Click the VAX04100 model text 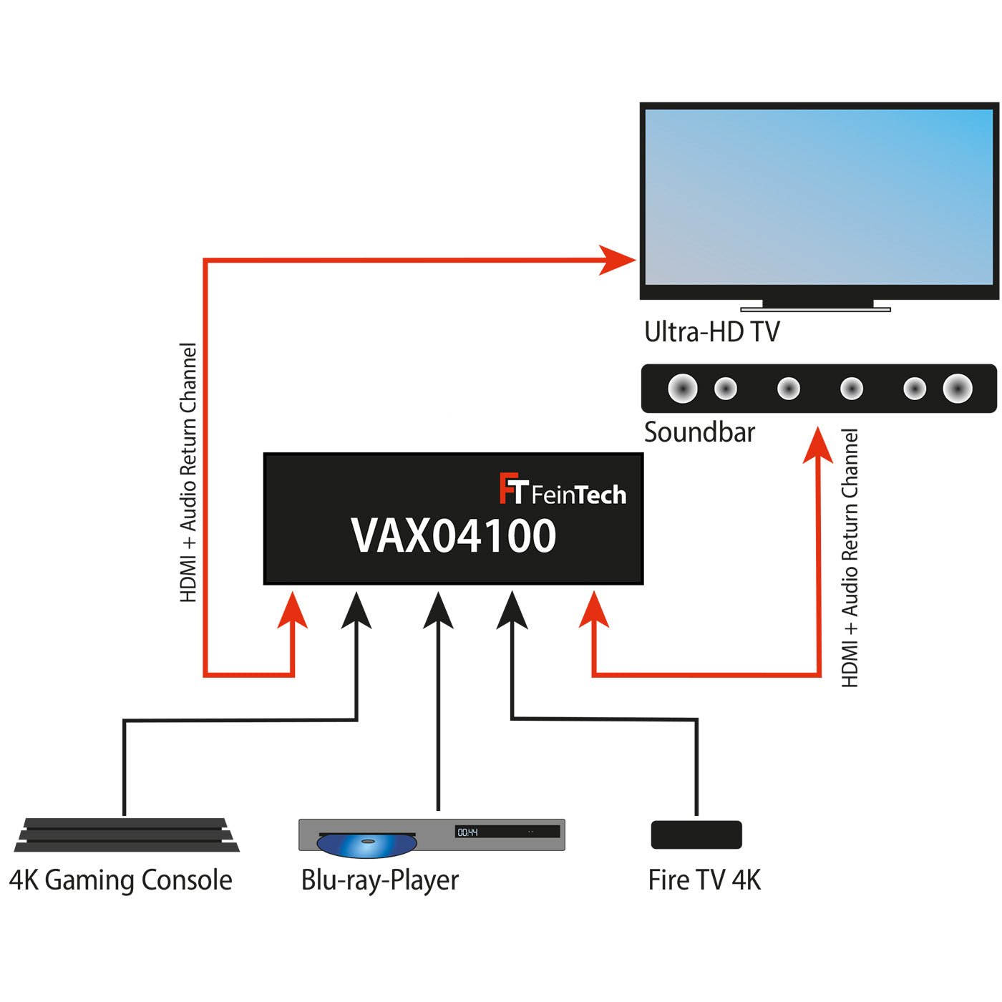click(x=453, y=536)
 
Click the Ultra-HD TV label click(x=711, y=332)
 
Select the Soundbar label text click(x=699, y=432)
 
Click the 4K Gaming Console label click(x=120, y=880)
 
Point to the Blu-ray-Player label click(x=379, y=880)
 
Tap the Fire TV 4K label click(x=704, y=880)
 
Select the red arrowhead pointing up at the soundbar click(x=817, y=445)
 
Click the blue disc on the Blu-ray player click(x=366, y=845)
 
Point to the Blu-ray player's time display click(x=468, y=832)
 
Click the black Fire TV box click(x=696, y=835)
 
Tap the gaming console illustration click(x=127, y=835)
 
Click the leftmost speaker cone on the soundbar click(x=682, y=389)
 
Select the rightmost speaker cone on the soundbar click(x=957, y=389)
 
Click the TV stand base click(x=815, y=309)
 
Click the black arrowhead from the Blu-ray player click(x=438, y=611)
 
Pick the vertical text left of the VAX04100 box click(x=188, y=472)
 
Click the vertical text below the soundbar click(x=850, y=558)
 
